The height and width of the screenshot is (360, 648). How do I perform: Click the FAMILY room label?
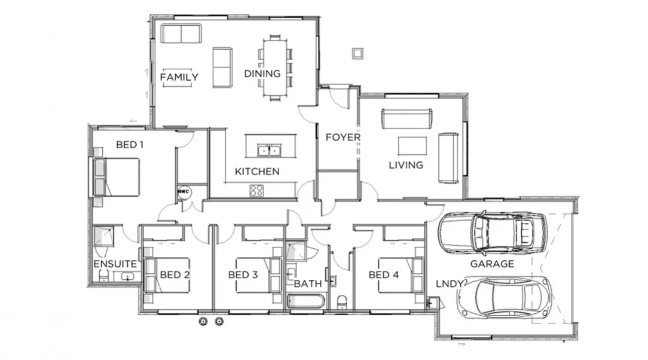179,77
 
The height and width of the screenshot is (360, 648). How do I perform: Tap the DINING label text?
262,74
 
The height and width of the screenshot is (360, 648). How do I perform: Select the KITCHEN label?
256,172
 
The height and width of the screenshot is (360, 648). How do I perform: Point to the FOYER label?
343,137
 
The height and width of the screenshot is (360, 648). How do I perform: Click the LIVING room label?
406,165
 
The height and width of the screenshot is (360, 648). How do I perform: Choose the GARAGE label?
491,264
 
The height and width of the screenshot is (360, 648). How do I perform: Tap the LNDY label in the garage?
450,285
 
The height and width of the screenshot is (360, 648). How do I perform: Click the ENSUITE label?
115,264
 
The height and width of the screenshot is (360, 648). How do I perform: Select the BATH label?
307,283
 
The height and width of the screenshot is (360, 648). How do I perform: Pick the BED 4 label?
383,275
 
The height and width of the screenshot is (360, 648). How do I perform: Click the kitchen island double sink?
270,150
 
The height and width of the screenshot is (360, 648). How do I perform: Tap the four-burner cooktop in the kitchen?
257,191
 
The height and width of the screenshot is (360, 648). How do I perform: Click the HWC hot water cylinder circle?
184,192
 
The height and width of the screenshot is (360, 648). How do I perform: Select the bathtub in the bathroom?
307,300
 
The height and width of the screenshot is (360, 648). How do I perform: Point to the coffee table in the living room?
412,146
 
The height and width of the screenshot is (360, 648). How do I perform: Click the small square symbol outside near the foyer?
357,54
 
